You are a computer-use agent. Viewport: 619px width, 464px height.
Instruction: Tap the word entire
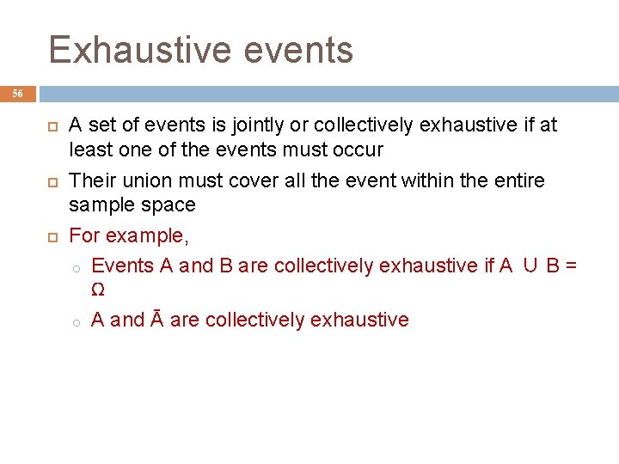518,180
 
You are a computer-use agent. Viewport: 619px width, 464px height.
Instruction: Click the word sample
100,205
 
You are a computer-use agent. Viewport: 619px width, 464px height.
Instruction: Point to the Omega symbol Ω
98,290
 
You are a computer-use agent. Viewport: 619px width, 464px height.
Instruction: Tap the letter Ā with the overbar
157,320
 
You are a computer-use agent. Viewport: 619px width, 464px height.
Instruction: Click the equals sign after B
572,266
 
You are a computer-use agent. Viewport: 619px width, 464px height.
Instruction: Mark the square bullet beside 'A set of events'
50,126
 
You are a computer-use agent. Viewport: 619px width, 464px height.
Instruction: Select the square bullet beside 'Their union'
50,181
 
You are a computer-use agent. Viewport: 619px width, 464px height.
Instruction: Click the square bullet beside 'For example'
50,235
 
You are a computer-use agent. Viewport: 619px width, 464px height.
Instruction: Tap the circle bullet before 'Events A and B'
76,267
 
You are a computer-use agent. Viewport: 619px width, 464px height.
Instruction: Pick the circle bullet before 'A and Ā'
76,321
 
